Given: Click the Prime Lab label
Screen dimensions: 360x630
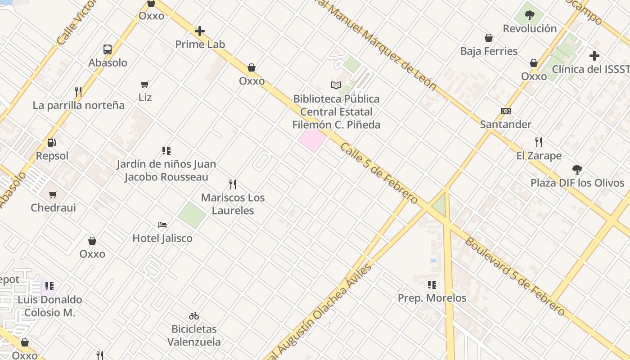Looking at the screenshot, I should [x=200, y=45].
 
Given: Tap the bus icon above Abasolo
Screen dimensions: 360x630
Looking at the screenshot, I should [x=108, y=49].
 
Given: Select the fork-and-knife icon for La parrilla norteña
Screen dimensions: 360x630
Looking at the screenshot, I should [x=78, y=92].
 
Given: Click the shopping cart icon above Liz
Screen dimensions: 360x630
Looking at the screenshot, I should [x=145, y=84].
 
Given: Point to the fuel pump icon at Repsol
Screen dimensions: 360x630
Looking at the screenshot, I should [x=52, y=143].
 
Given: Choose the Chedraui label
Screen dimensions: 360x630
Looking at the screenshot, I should [x=53, y=208].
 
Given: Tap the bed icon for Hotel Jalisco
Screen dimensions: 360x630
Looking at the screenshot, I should [x=162, y=225].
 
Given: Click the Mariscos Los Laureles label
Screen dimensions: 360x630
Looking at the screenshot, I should [x=233, y=204].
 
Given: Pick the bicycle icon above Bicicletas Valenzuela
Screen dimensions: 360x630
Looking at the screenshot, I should [x=194, y=316].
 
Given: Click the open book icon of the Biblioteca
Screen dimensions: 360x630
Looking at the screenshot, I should [x=336, y=85].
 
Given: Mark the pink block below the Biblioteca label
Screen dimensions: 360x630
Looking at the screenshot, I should [x=312, y=140].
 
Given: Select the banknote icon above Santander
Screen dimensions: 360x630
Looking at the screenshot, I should [x=506, y=111].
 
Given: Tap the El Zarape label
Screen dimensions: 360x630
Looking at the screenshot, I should [x=539, y=156].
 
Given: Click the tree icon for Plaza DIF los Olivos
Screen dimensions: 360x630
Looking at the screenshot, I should [x=577, y=170].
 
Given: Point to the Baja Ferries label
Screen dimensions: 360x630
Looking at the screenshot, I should [x=489, y=51].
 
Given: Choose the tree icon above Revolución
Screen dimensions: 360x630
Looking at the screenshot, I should [x=530, y=15].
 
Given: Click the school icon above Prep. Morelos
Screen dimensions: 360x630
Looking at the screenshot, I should [x=432, y=284].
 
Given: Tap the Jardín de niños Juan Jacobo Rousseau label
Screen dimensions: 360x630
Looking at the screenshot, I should [x=166, y=171].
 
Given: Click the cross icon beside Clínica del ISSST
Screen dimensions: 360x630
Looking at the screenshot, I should [x=594, y=56].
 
